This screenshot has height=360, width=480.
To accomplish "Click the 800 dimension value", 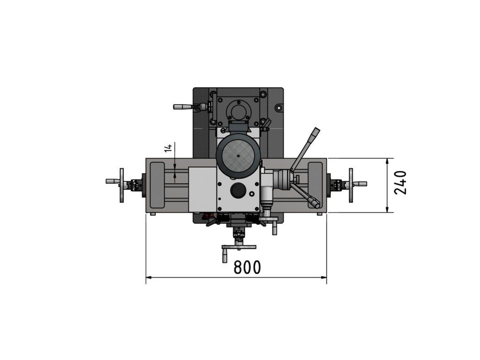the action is pyautogui.click(x=247, y=267).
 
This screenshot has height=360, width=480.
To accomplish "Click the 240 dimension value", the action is pyautogui.click(x=400, y=183).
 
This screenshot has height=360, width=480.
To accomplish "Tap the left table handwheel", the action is pyautogui.click(x=121, y=185).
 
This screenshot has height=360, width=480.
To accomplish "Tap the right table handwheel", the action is pyautogui.click(x=351, y=185).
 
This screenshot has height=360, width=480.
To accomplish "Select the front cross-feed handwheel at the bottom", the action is pyautogui.click(x=239, y=247).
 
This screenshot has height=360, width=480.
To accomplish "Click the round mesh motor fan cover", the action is pyautogui.click(x=238, y=156).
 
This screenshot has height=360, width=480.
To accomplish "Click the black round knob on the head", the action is pyautogui.click(x=238, y=191).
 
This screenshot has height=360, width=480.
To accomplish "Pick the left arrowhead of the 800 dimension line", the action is pyautogui.click(x=149, y=277).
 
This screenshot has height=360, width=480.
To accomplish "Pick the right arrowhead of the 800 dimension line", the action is pyautogui.click(x=323, y=277).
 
